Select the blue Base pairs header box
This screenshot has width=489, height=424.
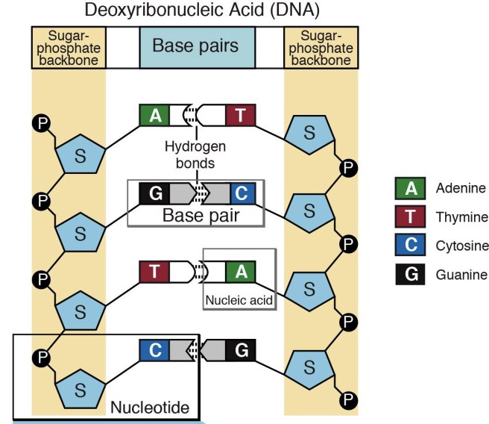coord(195,46)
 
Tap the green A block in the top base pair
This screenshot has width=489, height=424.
coord(155,116)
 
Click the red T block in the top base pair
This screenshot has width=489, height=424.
coord(240,116)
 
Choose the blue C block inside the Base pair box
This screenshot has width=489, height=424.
coord(242,194)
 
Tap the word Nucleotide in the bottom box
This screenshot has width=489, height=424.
coord(149,408)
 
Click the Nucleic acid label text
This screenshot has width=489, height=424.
coord(239,300)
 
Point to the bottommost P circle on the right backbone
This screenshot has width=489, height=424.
coord(347,402)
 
